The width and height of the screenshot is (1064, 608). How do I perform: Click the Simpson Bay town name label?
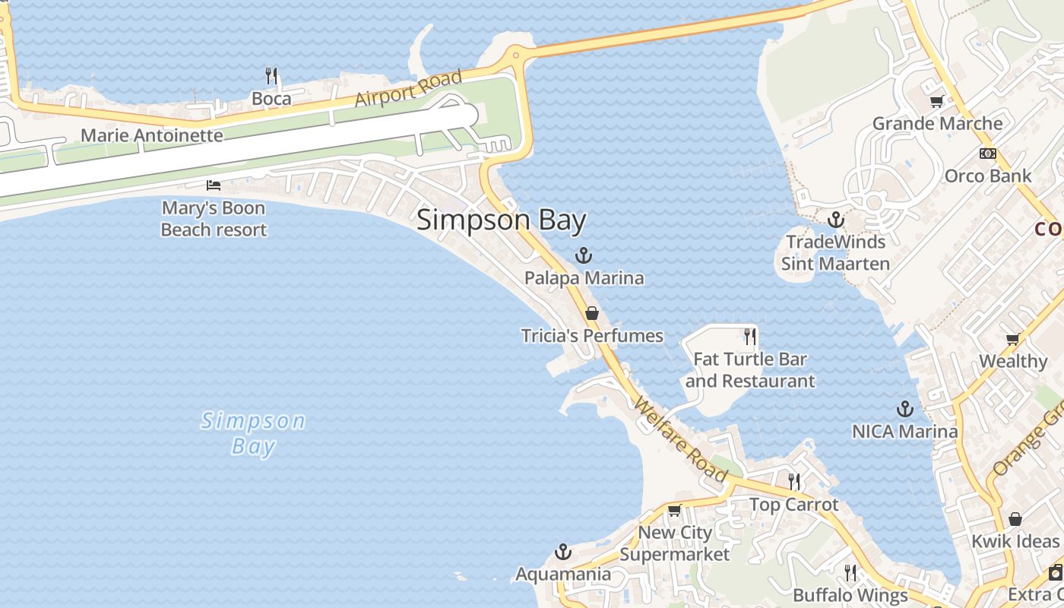click(502, 220)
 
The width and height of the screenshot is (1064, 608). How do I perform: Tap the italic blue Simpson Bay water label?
click(253, 433)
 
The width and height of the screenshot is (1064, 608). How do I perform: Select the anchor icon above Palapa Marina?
click(584, 255)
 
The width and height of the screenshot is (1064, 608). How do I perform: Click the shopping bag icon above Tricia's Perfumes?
click(592, 313)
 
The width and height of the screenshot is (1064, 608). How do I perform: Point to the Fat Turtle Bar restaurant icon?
click(750, 336)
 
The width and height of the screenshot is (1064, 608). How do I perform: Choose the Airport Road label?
click(408, 89)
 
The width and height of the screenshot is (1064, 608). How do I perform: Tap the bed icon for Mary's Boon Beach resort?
click(214, 185)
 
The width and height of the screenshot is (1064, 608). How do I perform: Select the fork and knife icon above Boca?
click(271, 76)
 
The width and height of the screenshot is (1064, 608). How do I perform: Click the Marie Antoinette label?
click(152, 136)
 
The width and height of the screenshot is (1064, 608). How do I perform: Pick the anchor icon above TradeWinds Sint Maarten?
click(836, 220)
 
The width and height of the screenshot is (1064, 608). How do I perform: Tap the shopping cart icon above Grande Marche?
click(936, 101)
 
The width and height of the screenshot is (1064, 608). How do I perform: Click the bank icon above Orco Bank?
click(987, 154)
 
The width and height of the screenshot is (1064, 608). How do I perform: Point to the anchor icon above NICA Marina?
click(904, 409)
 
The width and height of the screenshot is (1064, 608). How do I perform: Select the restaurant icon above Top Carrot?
click(794, 481)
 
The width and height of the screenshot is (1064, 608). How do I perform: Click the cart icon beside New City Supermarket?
click(674, 511)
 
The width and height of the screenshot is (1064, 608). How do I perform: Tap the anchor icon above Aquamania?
click(563, 551)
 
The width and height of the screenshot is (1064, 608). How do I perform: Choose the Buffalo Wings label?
click(850, 595)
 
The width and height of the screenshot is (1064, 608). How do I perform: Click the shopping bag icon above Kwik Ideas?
click(1015, 519)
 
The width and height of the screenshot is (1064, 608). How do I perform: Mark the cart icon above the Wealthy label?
click(1012, 339)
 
